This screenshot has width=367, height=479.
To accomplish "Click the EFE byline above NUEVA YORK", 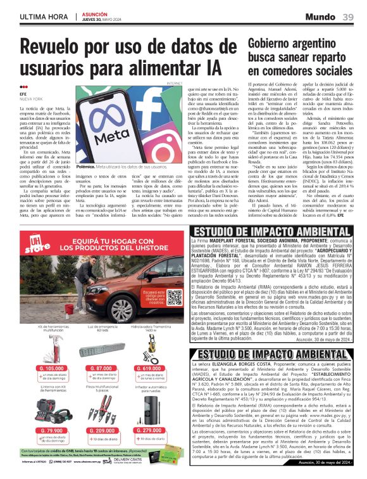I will tap(24, 94).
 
